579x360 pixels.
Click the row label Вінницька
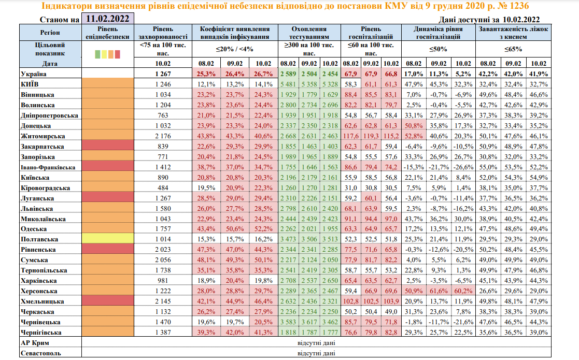click(38, 95)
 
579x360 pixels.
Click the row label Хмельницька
click(42, 301)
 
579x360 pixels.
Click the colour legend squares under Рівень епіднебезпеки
click(107, 53)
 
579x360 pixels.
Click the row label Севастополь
click(40, 353)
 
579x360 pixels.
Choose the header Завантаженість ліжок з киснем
click(513, 33)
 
